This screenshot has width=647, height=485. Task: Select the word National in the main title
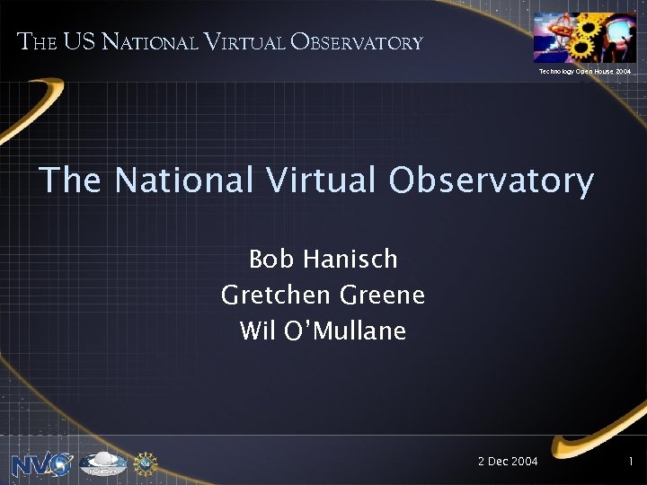[185, 180]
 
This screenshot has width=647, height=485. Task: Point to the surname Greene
[383, 295]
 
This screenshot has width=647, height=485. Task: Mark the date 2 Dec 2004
[508, 461]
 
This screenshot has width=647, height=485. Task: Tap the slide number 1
[631, 461]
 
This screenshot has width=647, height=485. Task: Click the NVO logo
[41, 463]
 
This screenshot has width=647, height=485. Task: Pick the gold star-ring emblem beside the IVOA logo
[145, 463]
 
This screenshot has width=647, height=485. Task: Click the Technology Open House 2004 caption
[585, 70]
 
